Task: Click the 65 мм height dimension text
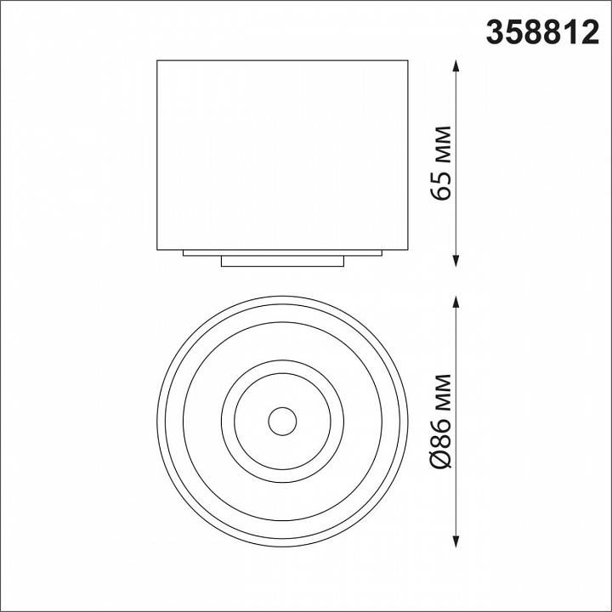(441, 162)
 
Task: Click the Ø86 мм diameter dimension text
(441, 421)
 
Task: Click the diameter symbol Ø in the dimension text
(441, 460)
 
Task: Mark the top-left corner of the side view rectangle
(157, 59)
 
